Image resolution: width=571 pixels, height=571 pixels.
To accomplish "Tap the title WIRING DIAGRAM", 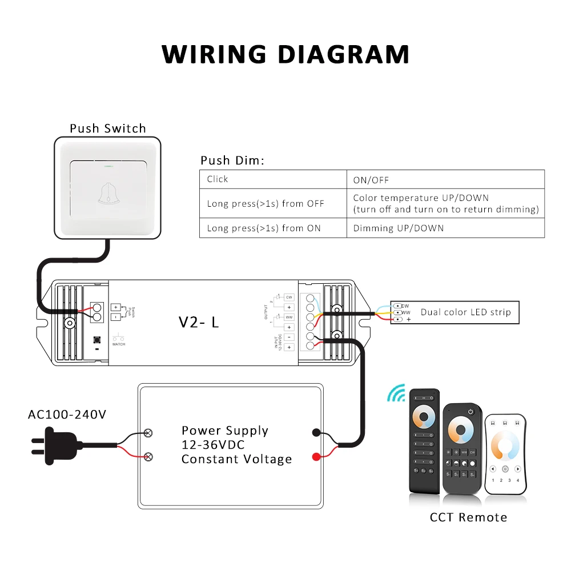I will (x=285, y=54).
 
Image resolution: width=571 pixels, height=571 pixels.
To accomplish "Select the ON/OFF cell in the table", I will (x=371, y=179).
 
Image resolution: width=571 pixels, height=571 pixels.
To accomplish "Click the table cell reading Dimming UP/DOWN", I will (x=399, y=228).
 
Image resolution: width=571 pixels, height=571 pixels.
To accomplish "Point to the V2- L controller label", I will (x=199, y=322).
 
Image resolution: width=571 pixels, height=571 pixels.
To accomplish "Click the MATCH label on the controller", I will (x=119, y=344).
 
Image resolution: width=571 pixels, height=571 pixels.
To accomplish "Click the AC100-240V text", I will (x=67, y=414).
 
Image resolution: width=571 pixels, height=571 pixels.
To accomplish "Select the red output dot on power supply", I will (x=315, y=456).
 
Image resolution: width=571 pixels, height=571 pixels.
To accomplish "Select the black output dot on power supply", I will (x=315, y=432).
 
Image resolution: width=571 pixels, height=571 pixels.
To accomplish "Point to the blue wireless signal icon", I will (x=396, y=392).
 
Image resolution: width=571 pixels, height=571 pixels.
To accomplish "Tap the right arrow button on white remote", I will (x=517, y=469).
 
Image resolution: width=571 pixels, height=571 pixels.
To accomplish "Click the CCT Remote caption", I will (x=468, y=517).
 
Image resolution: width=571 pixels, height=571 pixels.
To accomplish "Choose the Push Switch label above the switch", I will (x=108, y=128).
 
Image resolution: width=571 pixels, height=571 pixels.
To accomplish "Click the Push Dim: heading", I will (x=232, y=160).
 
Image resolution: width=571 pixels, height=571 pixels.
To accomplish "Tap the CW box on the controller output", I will (x=289, y=297).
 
